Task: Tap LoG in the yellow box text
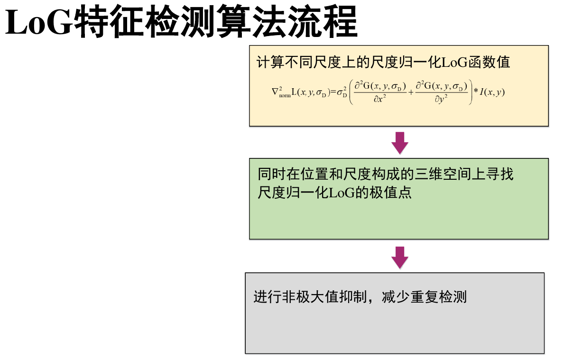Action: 454,62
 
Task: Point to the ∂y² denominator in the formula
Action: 441,100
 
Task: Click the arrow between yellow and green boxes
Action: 400,143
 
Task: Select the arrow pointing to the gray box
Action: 400,258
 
